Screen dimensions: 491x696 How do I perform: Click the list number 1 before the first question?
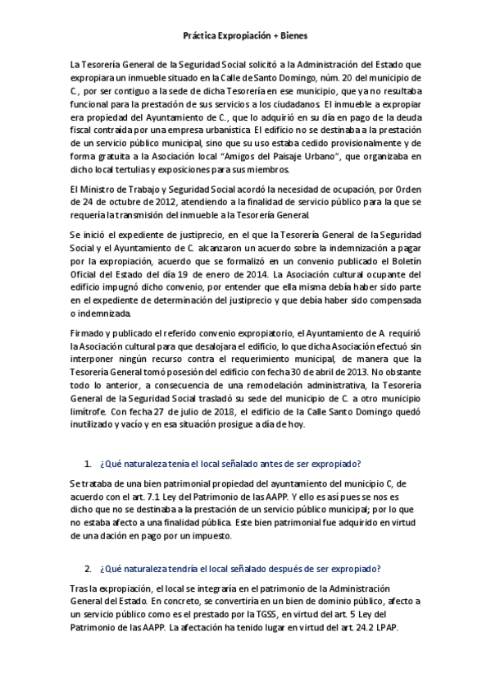pyautogui.click(x=87, y=465)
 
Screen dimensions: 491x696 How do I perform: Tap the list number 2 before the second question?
pyautogui.click(x=87, y=569)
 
